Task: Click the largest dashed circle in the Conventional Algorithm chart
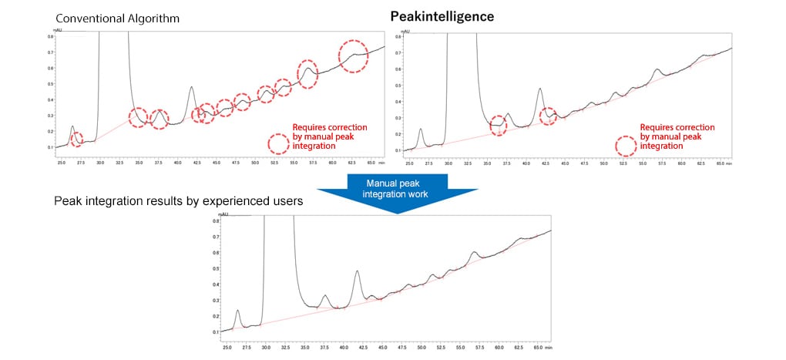coord(354,56)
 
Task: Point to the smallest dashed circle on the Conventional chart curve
coord(76,140)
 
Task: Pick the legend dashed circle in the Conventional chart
coord(277,143)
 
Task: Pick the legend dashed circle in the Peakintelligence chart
coord(626,145)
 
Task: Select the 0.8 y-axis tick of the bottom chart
coord(216,221)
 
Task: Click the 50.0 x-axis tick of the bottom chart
coord(422,348)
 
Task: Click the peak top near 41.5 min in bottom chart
coord(357,271)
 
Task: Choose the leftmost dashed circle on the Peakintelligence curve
coord(499,125)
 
